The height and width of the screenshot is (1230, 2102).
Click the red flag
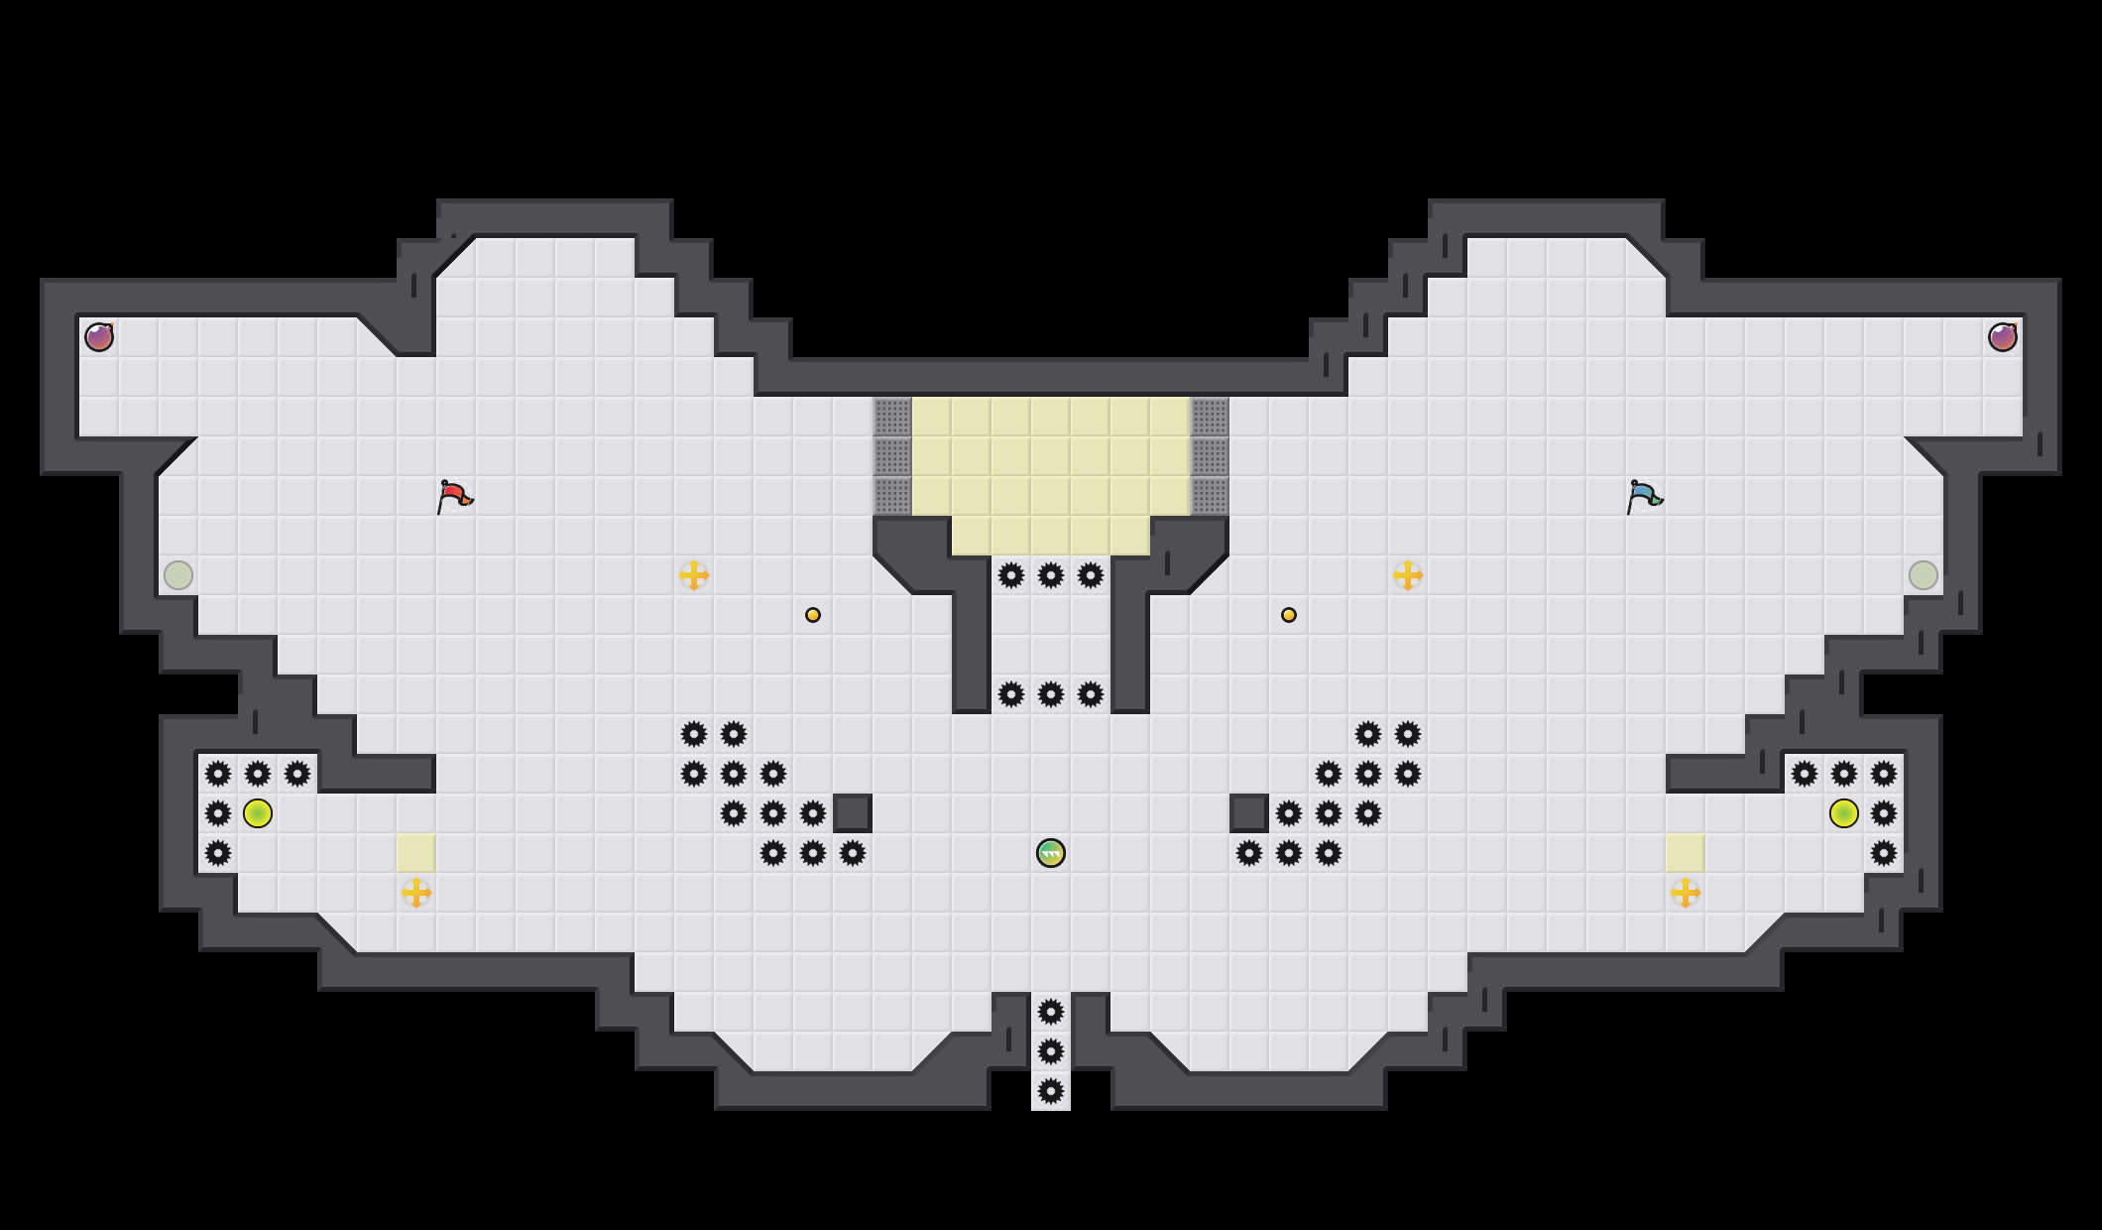pyautogui.click(x=454, y=495)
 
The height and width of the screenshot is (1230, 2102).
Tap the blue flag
pyautogui.click(x=1644, y=495)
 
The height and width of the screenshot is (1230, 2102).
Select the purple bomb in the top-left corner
pyautogui.click(x=99, y=337)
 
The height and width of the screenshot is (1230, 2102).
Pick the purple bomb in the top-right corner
pyautogui.click(x=2003, y=337)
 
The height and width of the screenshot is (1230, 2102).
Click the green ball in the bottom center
pyautogui.click(x=1051, y=853)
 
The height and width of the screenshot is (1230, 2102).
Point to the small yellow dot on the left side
pyautogui.click(x=813, y=615)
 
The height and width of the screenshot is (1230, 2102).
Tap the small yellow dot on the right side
pyautogui.click(x=1289, y=615)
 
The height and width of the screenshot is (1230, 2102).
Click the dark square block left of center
pyautogui.click(x=853, y=813)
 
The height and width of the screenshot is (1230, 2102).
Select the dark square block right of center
pyautogui.click(x=1249, y=813)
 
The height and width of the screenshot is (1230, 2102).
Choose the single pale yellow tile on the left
pyautogui.click(x=416, y=853)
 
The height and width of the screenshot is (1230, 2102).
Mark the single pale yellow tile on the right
pyautogui.click(x=1686, y=853)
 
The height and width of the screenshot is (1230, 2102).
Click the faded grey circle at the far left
pyautogui.click(x=178, y=575)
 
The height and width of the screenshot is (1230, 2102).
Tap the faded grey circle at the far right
pyautogui.click(x=1924, y=575)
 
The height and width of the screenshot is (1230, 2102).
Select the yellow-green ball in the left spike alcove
pyautogui.click(x=258, y=813)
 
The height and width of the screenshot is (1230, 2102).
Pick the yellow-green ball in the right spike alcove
pyautogui.click(x=1844, y=813)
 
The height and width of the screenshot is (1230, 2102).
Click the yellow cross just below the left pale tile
pyautogui.click(x=416, y=893)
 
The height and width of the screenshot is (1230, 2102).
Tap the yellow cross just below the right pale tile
pyautogui.click(x=1686, y=893)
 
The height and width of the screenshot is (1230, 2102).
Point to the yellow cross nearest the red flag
pyautogui.click(x=694, y=575)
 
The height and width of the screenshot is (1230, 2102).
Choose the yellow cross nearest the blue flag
pyautogui.click(x=1408, y=575)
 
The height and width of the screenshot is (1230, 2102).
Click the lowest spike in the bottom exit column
pyautogui.click(x=1051, y=1091)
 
